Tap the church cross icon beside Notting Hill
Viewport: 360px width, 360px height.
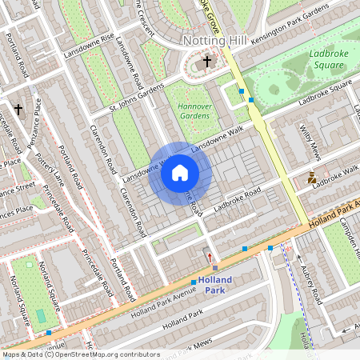(207, 61)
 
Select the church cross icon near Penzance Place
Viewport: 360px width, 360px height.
(18, 109)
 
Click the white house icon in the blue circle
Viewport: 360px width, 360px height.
(180, 173)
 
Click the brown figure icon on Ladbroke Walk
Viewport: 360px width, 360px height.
(312, 178)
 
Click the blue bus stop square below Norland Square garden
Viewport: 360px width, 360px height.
(49, 332)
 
